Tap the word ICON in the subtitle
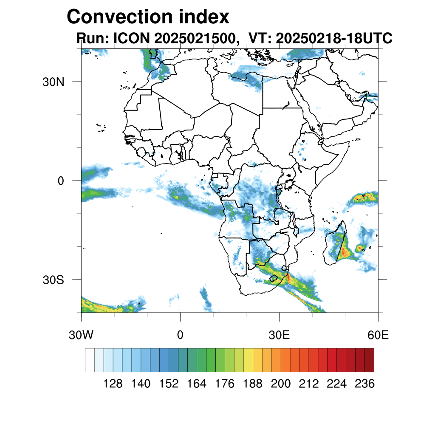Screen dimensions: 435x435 (x=130, y=38)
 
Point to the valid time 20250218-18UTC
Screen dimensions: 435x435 (x=333, y=38)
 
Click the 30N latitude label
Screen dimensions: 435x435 (x=53, y=82)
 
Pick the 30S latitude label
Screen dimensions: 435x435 (x=53, y=280)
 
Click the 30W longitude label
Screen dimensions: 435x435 (x=81, y=335)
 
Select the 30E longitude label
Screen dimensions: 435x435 (x=279, y=335)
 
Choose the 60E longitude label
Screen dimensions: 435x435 (x=378, y=335)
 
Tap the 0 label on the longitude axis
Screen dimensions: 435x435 (x=180, y=335)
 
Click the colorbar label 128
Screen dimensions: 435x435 (x=113, y=384)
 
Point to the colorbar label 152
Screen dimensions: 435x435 (x=169, y=384)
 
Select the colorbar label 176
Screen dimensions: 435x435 (x=225, y=384)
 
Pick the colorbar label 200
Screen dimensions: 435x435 (x=281, y=384)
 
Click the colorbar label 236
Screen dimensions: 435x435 (x=364, y=384)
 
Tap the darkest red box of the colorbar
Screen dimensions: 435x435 (x=369, y=360)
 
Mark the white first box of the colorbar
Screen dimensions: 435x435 (x=90, y=360)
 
